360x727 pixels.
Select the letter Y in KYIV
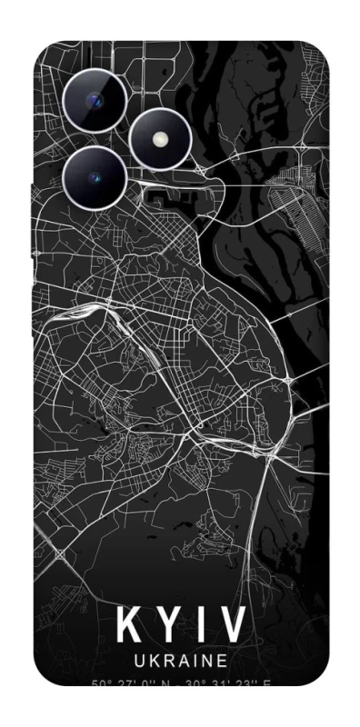tap(171, 626)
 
